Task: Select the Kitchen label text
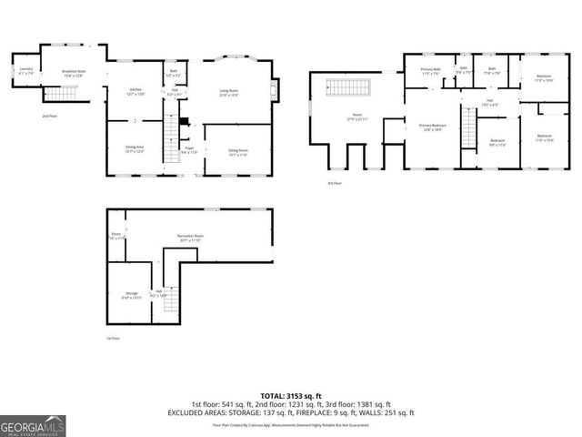(135, 90)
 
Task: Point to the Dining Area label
(134, 149)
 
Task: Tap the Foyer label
(189, 149)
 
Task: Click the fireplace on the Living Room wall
(278, 89)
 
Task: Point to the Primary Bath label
(430, 71)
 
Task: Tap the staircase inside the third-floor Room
(349, 87)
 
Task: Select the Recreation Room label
(190, 238)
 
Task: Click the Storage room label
(132, 294)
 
